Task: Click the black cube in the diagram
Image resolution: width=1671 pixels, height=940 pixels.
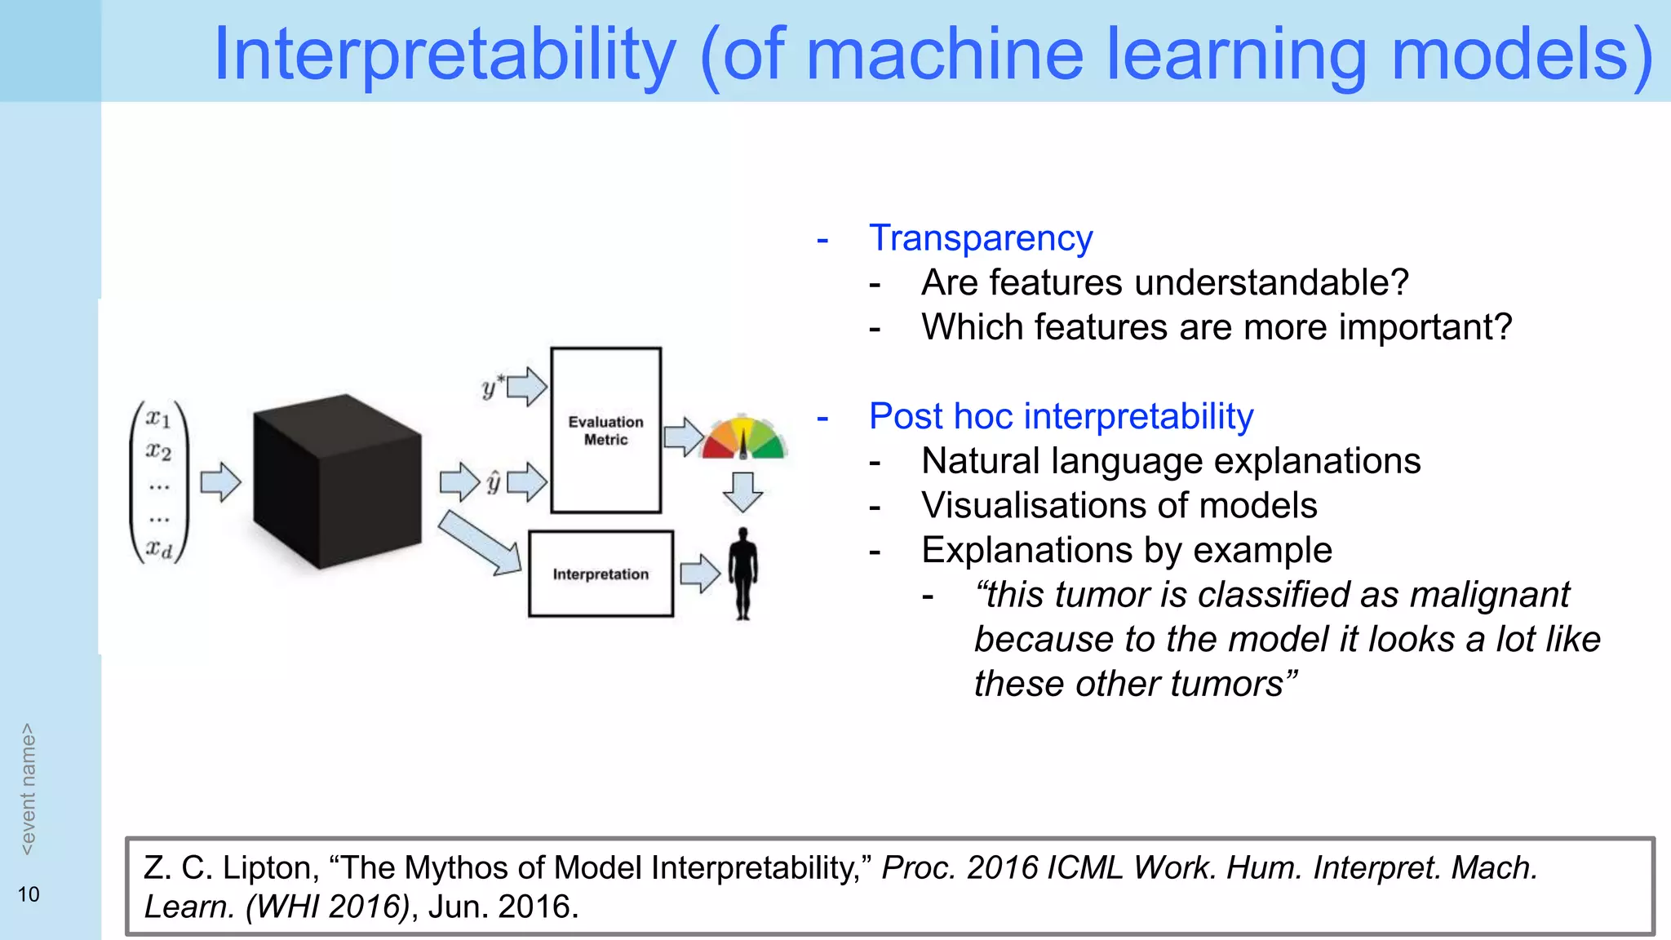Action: click(x=337, y=481)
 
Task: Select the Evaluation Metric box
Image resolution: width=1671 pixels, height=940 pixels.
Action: click(x=605, y=430)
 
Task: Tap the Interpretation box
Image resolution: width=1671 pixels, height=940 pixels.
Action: click(x=601, y=574)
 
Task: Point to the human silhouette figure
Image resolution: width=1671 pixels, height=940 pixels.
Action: click(x=742, y=573)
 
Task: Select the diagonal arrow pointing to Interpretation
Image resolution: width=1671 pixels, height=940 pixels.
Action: click(x=480, y=543)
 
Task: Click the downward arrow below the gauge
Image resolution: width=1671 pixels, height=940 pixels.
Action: click(x=742, y=492)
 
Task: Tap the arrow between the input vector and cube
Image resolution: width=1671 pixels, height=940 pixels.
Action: click(x=220, y=482)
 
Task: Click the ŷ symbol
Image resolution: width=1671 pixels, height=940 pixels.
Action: click(x=493, y=482)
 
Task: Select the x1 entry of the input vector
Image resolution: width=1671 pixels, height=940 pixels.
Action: click(x=158, y=419)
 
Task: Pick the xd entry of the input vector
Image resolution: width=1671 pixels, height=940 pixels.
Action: click(x=159, y=549)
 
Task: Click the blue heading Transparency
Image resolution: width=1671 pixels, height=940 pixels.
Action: click(x=981, y=238)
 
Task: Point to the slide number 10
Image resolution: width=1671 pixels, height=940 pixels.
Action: click(x=29, y=894)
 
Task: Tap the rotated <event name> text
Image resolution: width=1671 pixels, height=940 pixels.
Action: click(x=29, y=788)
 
